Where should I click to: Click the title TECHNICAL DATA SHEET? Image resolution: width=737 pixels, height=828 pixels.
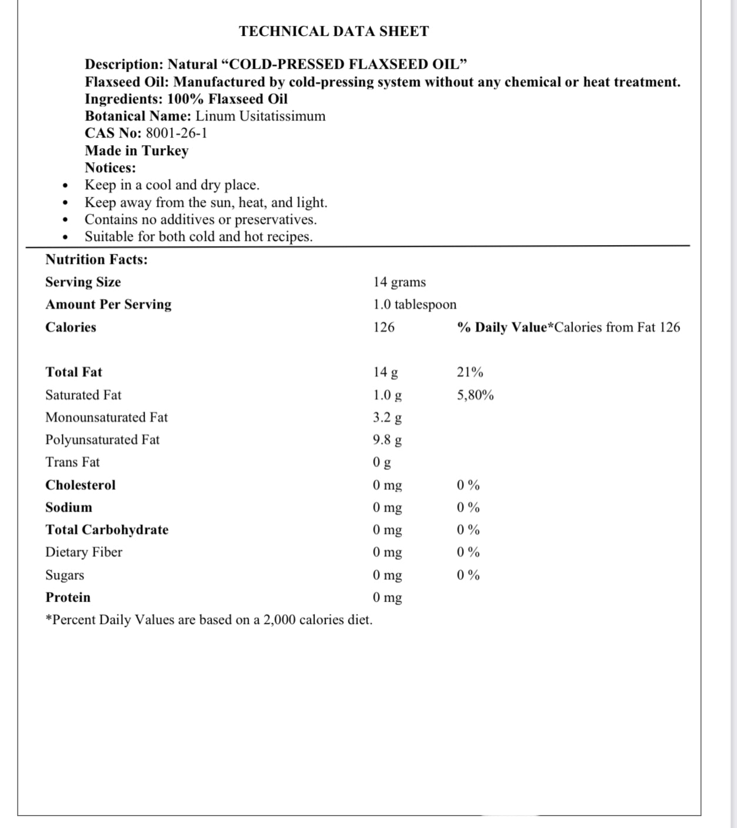tap(334, 31)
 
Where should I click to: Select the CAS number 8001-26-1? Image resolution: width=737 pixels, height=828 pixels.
tap(176, 133)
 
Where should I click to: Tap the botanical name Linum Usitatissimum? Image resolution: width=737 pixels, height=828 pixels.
tap(260, 116)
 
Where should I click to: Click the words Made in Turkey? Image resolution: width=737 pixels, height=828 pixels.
tap(136, 150)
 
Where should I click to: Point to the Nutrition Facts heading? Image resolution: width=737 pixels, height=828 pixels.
tap(96, 259)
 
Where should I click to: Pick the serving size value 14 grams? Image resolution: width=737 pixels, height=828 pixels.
tap(399, 282)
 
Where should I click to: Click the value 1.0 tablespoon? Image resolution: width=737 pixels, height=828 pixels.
tap(414, 304)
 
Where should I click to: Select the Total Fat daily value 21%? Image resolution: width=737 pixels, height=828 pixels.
tap(470, 372)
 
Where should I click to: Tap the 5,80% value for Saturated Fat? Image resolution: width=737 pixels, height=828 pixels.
tap(475, 395)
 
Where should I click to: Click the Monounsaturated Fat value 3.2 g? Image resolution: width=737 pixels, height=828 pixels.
tap(387, 417)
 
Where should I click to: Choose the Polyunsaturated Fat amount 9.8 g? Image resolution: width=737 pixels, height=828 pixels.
tap(387, 440)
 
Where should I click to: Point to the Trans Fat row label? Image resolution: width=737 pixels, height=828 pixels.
tap(72, 462)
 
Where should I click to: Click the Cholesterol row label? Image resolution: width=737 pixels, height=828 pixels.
tap(81, 485)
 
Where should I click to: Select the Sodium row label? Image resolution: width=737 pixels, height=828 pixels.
tap(69, 507)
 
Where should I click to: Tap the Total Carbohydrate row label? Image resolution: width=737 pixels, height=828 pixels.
tap(107, 529)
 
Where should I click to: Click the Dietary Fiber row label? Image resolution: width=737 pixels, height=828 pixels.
tap(83, 552)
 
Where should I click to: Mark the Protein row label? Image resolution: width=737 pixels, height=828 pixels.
tap(68, 597)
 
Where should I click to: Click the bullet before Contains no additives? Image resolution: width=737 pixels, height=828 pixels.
tap(65, 220)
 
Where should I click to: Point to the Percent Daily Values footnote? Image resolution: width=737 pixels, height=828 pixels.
tap(209, 620)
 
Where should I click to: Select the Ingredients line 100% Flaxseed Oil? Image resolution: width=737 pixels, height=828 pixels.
tap(186, 99)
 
